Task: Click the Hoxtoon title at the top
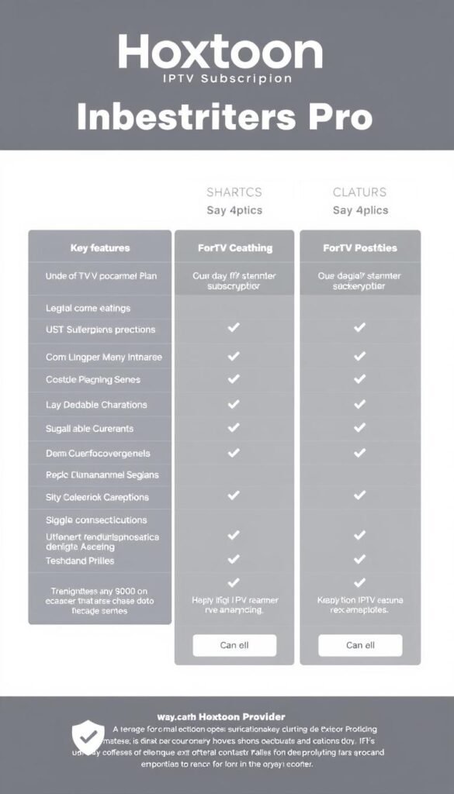[x=220, y=53]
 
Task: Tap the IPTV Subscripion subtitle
[x=227, y=79]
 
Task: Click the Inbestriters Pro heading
[x=224, y=117]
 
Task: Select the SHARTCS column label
[x=234, y=192]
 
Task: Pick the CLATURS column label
[x=360, y=192]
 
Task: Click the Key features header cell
[x=99, y=248]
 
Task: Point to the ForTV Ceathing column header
[x=234, y=248]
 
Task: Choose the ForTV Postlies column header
[x=360, y=248]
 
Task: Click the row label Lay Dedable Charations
[x=97, y=405]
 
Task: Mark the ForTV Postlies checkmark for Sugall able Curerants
[x=359, y=428]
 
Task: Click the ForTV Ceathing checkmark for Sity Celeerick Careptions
[x=234, y=495]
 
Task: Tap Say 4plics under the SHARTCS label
[x=234, y=211]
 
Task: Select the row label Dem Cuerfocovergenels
[x=99, y=453]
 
